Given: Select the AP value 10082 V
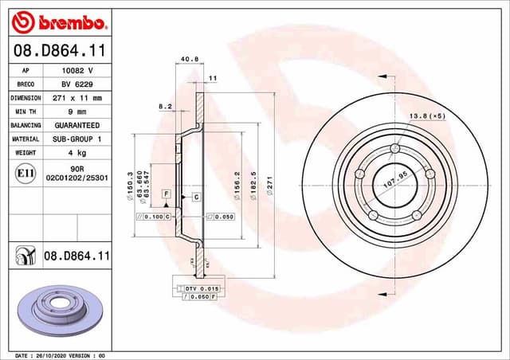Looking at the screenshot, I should [x=77, y=70].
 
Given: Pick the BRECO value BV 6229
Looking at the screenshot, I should [x=77, y=84].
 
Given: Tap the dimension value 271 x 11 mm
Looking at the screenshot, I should [x=77, y=98].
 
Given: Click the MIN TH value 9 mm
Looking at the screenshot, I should [x=77, y=112].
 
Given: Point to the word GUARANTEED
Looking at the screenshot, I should [x=77, y=126].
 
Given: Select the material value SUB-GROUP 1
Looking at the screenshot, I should [x=77, y=139].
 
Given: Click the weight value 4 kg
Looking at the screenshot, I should [x=77, y=153].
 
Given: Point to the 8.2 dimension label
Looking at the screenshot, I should [x=165, y=106].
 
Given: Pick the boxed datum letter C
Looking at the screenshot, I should [x=195, y=196].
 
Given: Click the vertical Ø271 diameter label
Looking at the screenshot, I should [x=270, y=185].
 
